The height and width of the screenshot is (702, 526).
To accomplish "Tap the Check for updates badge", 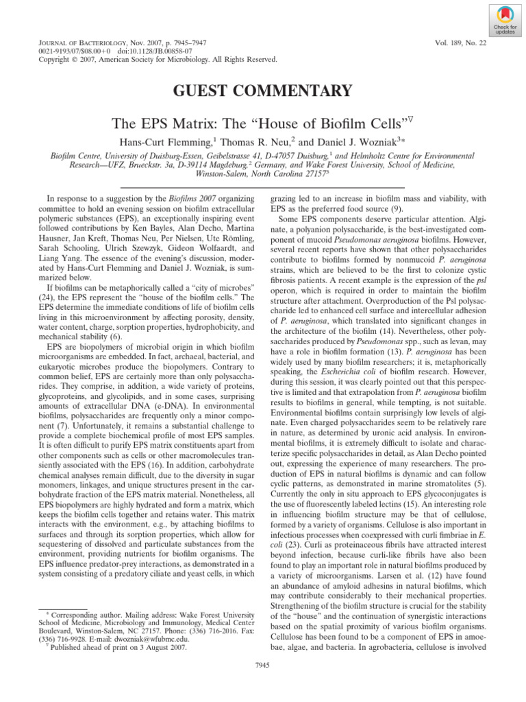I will (504, 21).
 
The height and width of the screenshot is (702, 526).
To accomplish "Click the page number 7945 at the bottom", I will (263, 683).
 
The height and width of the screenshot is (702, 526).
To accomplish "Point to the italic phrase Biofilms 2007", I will (179, 197).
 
